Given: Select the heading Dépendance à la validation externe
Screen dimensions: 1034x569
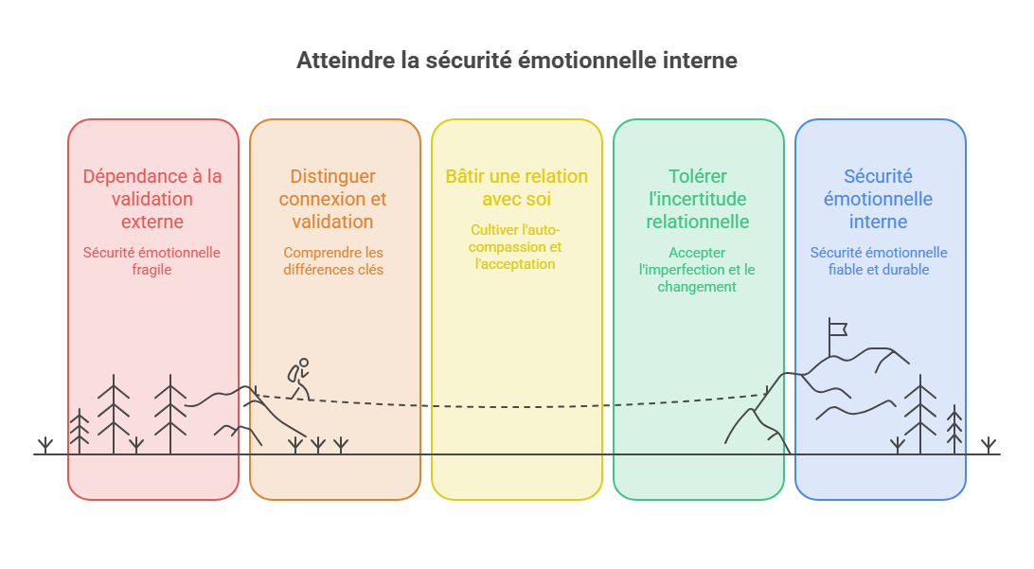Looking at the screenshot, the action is [x=152, y=199].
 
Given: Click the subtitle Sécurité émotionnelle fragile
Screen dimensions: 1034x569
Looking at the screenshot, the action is [x=152, y=261].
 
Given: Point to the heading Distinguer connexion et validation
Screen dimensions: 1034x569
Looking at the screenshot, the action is [x=333, y=199].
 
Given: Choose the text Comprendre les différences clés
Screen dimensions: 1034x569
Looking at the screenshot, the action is [x=333, y=261].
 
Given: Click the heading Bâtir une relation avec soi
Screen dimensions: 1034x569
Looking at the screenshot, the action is [x=516, y=187].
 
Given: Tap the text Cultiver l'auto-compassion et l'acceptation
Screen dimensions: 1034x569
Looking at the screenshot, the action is [x=515, y=246].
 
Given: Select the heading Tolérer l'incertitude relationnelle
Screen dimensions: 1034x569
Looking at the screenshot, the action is [x=698, y=199].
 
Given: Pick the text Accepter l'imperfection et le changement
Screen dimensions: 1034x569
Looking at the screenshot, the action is [x=697, y=270].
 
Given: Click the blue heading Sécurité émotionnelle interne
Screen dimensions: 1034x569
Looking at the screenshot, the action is [x=879, y=199].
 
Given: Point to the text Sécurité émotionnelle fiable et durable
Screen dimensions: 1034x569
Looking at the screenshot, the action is [x=879, y=261].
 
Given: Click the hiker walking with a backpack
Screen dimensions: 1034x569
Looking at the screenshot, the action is [x=299, y=379].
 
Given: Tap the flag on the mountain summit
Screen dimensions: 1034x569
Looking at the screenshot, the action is [x=837, y=328].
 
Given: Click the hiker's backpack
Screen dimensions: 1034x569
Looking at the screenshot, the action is [x=293, y=374].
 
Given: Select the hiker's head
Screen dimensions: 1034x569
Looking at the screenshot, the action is [x=304, y=363].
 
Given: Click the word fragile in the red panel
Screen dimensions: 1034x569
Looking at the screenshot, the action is [x=152, y=270].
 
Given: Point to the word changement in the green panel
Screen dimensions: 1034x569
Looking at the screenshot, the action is [x=697, y=287].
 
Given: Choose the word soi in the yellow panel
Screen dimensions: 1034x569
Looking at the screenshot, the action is [x=538, y=199].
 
